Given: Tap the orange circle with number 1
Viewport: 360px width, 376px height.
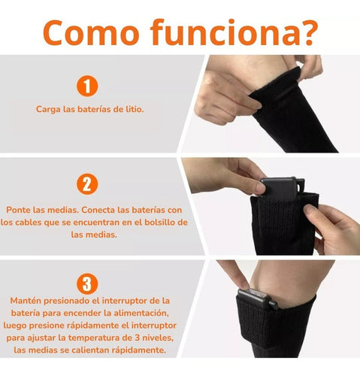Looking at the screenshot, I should (88, 86).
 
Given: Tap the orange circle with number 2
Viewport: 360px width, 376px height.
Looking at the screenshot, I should (88, 184).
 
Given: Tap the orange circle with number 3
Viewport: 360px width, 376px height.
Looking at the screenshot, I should (88, 283).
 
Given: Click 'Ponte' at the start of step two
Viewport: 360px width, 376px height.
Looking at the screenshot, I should (20, 208).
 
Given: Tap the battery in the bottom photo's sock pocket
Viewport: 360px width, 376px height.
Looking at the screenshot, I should (256, 299).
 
